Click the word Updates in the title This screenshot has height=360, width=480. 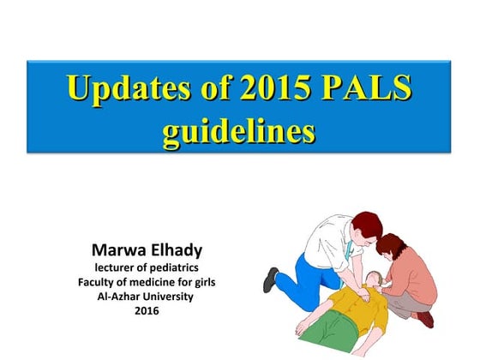click(x=122, y=89)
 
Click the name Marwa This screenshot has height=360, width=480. click(x=120, y=252)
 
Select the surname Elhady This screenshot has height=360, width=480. click(x=176, y=252)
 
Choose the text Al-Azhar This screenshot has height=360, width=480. click(x=120, y=297)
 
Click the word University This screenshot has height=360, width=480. click(x=169, y=297)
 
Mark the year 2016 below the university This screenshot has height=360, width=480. click(x=147, y=310)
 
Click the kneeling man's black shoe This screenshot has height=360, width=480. click(x=272, y=278)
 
